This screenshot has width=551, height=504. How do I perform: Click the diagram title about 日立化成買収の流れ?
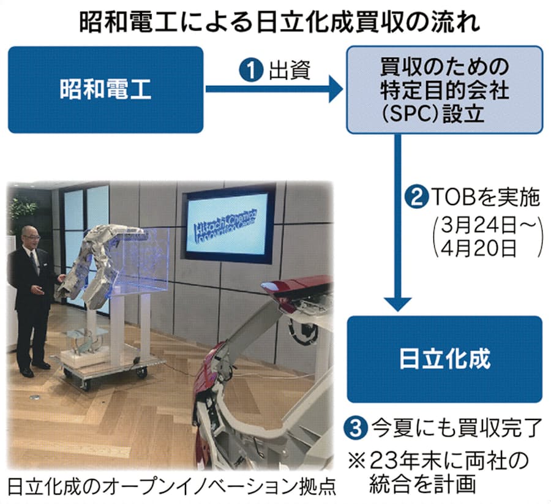click(280, 23)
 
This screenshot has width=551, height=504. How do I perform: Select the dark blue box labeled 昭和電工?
click(105, 89)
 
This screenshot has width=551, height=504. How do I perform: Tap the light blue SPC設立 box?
click(444, 89)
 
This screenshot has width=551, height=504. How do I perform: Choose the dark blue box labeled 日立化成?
click(444, 359)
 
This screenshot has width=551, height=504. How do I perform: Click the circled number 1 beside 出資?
click(252, 70)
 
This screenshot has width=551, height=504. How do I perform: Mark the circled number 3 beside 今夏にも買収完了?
click(356, 427)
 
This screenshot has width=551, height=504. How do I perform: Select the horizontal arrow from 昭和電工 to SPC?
click(274, 89)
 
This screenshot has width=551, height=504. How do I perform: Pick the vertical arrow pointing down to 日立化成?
click(398, 222)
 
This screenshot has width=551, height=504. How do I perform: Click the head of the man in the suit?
click(30, 238)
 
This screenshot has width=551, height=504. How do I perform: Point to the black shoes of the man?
click(34, 369)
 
